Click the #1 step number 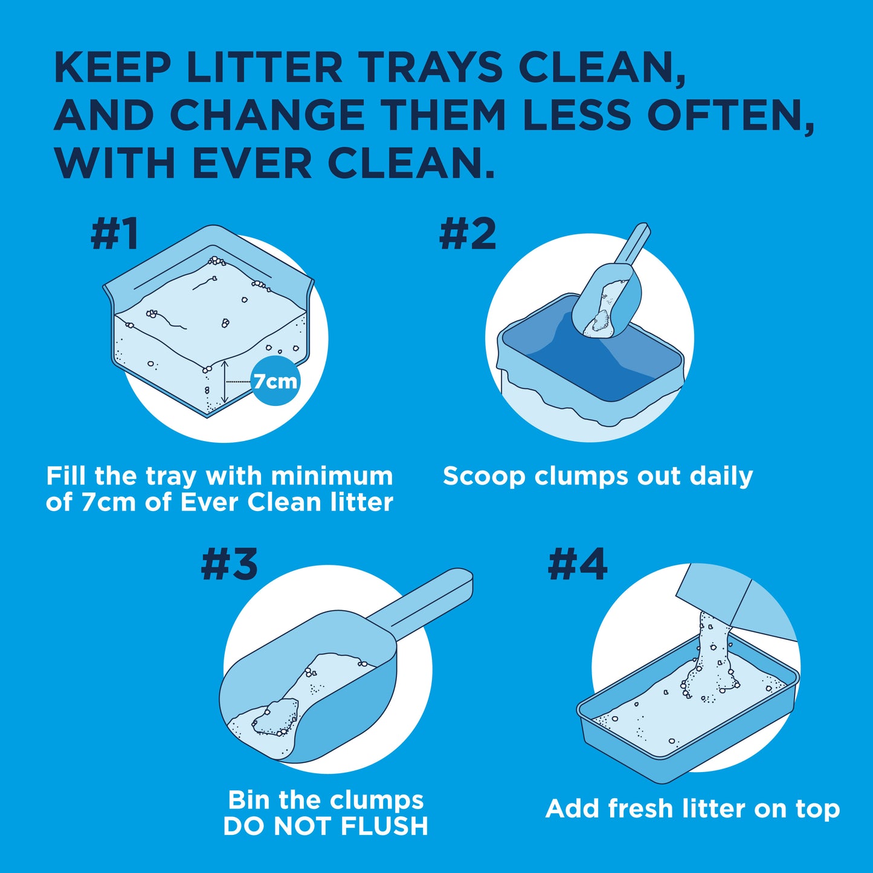pos(115,234)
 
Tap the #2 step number pos(468,234)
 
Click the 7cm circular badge pos(275,381)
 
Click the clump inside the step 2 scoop pos(601,321)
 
